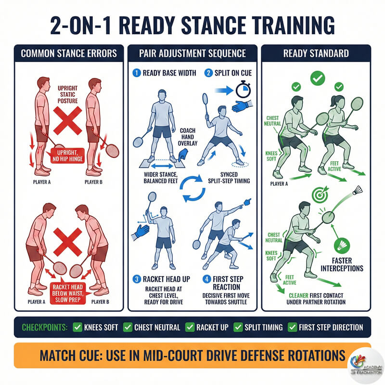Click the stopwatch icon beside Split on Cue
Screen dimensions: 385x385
tap(243, 90)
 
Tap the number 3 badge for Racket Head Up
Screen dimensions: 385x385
tap(137, 279)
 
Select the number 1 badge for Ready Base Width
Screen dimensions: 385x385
tap(137, 73)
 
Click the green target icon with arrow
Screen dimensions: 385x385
tap(320, 193)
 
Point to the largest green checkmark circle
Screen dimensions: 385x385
tap(318, 78)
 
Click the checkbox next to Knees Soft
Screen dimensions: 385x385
tap(77, 327)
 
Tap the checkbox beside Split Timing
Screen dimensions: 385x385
tap(238, 327)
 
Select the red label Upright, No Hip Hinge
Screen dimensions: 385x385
tap(67, 155)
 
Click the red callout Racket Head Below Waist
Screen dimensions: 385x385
tap(67, 293)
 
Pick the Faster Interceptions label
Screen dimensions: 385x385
tap(342, 264)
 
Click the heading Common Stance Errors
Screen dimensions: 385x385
tap(69, 53)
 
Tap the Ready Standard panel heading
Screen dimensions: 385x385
tap(316, 53)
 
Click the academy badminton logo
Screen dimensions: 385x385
tap(366, 366)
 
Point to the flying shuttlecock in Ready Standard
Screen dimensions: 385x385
tap(358, 190)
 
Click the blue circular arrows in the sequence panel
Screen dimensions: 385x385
tap(192, 188)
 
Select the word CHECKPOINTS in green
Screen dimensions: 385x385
tap(44, 327)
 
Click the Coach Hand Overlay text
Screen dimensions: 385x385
tap(188, 137)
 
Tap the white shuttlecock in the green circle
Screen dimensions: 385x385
tap(342, 245)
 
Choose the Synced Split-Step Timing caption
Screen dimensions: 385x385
tap(229, 178)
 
